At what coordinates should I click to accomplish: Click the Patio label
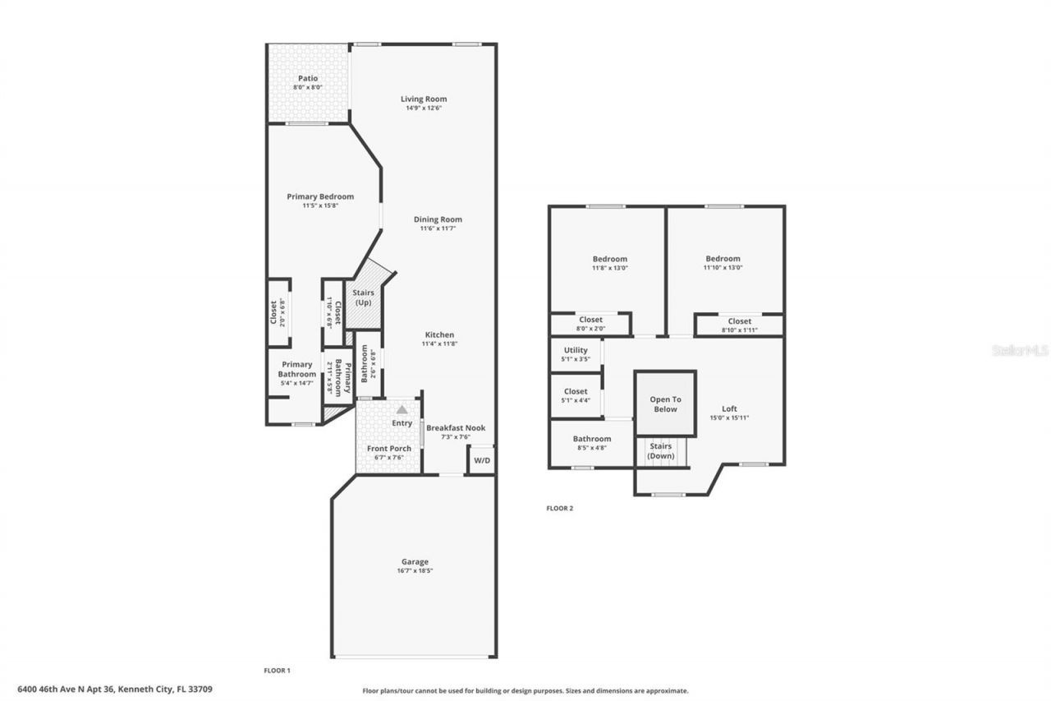[x=308, y=78]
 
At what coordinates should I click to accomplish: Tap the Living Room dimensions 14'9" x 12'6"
[x=424, y=108]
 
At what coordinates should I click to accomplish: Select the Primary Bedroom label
[x=320, y=196]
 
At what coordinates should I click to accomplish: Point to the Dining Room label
[x=438, y=219]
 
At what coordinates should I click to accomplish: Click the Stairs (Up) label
[x=363, y=297]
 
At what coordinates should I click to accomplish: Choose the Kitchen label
[x=439, y=334]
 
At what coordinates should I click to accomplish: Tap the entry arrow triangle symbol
[x=402, y=408]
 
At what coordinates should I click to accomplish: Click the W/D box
[x=481, y=460]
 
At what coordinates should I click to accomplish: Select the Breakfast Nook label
[x=456, y=428]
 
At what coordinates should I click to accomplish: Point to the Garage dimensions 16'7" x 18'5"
[x=415, y=571]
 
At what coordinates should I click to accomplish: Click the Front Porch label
[x=388, y=449]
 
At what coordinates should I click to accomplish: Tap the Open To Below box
[x=665, y=404]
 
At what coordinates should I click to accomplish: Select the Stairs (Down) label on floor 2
[x=661, y=450]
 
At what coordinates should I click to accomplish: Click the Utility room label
[x=576, y=350]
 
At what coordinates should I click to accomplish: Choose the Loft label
[x=729, y=408]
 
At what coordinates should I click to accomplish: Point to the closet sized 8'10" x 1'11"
[x=739, y=325]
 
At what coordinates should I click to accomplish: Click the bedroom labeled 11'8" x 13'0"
[x=609, y=263]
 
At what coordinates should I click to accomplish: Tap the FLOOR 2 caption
[x=560, y=509]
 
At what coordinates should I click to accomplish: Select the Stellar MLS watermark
[x=1020, y=350]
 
